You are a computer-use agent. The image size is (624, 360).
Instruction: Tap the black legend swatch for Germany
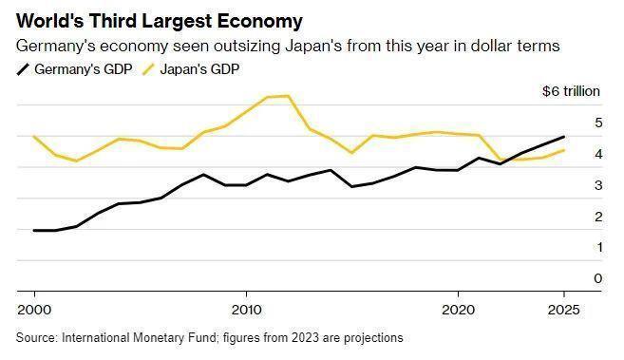(23, 68)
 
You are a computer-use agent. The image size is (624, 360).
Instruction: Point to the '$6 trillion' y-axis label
(571, 91)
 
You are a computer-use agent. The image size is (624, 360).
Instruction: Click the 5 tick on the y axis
(597, 123)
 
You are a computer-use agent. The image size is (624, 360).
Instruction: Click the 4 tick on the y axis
(597, 154)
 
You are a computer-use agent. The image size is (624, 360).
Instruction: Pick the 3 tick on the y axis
(597, 185)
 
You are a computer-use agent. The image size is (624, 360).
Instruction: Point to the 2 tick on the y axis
(597, 217)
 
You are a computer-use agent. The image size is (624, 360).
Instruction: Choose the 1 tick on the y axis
(597, 247)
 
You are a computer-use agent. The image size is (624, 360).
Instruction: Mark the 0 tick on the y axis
(597, 278)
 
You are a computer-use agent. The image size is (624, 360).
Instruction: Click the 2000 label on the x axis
(34, 309)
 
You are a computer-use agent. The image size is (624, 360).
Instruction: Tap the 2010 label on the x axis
(246, 309)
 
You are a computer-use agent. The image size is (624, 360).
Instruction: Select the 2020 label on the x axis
(459, 309)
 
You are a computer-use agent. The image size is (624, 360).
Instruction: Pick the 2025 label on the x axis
(564, 309)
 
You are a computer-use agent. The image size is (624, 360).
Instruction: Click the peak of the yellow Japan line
(288, 96)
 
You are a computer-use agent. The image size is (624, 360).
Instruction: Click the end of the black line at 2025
(564, 137)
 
